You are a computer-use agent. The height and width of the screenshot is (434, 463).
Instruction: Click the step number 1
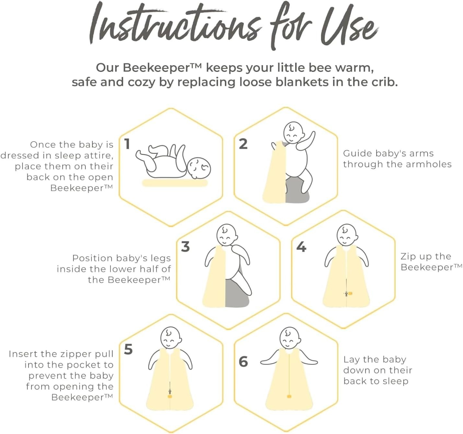[x=127, y=144]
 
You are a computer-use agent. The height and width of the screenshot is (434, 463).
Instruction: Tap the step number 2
[x=243, y=144]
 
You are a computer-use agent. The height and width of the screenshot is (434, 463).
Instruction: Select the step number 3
[x=186, y=247]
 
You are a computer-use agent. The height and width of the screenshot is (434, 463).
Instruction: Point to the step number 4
[x=301, y=247]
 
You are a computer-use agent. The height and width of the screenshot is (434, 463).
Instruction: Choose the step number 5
[x=128, y=349]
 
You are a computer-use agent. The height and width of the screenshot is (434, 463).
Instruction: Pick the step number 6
[x=243, y=361]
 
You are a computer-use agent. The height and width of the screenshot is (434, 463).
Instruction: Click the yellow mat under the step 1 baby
[x=175, y=183]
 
